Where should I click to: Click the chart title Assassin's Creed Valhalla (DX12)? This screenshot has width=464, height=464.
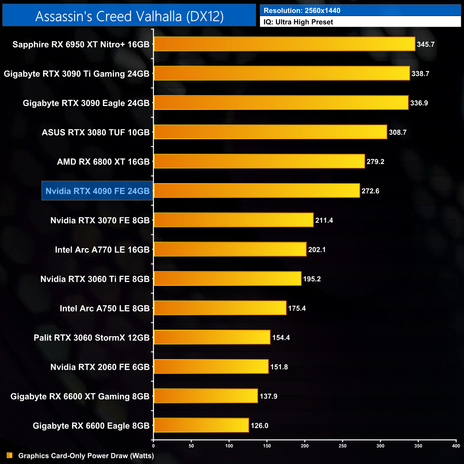(x=129, y=16)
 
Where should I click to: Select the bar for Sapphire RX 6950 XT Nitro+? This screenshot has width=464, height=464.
(x=284, y=44)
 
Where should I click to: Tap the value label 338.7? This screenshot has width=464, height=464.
(x=420, y=74)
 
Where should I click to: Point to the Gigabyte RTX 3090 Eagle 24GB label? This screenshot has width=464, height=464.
(x=86, y=103)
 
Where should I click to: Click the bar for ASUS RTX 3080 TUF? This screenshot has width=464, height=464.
(x=270, y=132)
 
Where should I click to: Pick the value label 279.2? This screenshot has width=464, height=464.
(x=375, y=162)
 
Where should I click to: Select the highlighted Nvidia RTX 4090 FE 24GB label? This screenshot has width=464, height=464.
(x=97, y=191)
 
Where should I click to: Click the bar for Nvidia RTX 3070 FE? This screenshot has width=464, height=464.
(x=233, y=220)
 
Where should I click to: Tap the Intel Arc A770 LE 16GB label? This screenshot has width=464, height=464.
(x=102, y=250)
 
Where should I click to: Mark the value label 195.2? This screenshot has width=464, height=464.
(x=312, y=279)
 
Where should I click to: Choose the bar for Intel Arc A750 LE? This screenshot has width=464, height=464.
(x=220, y=308)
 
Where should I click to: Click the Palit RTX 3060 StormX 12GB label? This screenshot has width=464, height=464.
(x=91, y=338)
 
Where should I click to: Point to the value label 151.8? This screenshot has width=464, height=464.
(x=279, y=367)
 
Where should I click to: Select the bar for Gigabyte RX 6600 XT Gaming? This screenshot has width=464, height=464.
(x=206, y=396)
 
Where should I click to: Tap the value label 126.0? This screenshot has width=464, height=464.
(x=259, y=426)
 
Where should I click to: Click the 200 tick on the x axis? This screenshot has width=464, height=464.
(x=305, y=446)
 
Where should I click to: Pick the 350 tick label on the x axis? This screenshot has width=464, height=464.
(x=418, y=446)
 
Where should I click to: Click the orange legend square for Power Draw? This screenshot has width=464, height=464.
(x=10, y=455)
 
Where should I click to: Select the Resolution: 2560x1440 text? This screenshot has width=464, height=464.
(x=302, y=11)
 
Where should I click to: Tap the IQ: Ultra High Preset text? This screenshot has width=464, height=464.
(x=298, y=22)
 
